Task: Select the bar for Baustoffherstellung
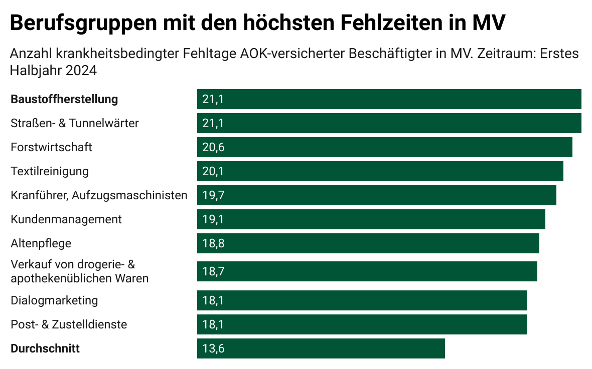(389, 99)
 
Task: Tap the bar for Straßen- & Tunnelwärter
(389, 123)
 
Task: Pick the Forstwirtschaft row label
(52, 147)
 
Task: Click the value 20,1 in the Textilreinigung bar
(213, 171)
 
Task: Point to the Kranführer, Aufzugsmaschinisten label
(99, 195)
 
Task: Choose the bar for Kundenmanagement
(371, 219)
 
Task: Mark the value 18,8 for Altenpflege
(213, 243)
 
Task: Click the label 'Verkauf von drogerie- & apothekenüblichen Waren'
(80, 271)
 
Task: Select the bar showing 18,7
(367, 271)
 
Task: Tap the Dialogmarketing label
(54, 300)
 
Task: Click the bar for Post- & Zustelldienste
(362, 324)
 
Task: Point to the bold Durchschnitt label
(45, 348)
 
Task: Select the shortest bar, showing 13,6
(321, 348)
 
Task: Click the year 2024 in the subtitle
(81, 71)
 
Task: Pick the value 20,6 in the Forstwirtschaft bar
(213, 147)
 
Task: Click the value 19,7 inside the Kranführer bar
(213, 195)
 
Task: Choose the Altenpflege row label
(41, 243)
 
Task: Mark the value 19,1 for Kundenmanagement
(213, 219)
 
